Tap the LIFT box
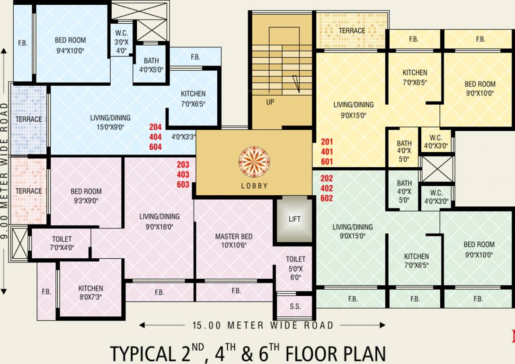click(294, 219)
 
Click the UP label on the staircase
click(270, 102)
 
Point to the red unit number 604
click(155, 147)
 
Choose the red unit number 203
click(183, 165)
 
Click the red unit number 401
click(327, 152)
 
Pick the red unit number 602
click(327, 199)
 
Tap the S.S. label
click(295, 307)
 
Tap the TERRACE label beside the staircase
click(352, 31)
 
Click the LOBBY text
click(254, 186)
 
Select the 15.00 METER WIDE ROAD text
click(263, 326)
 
